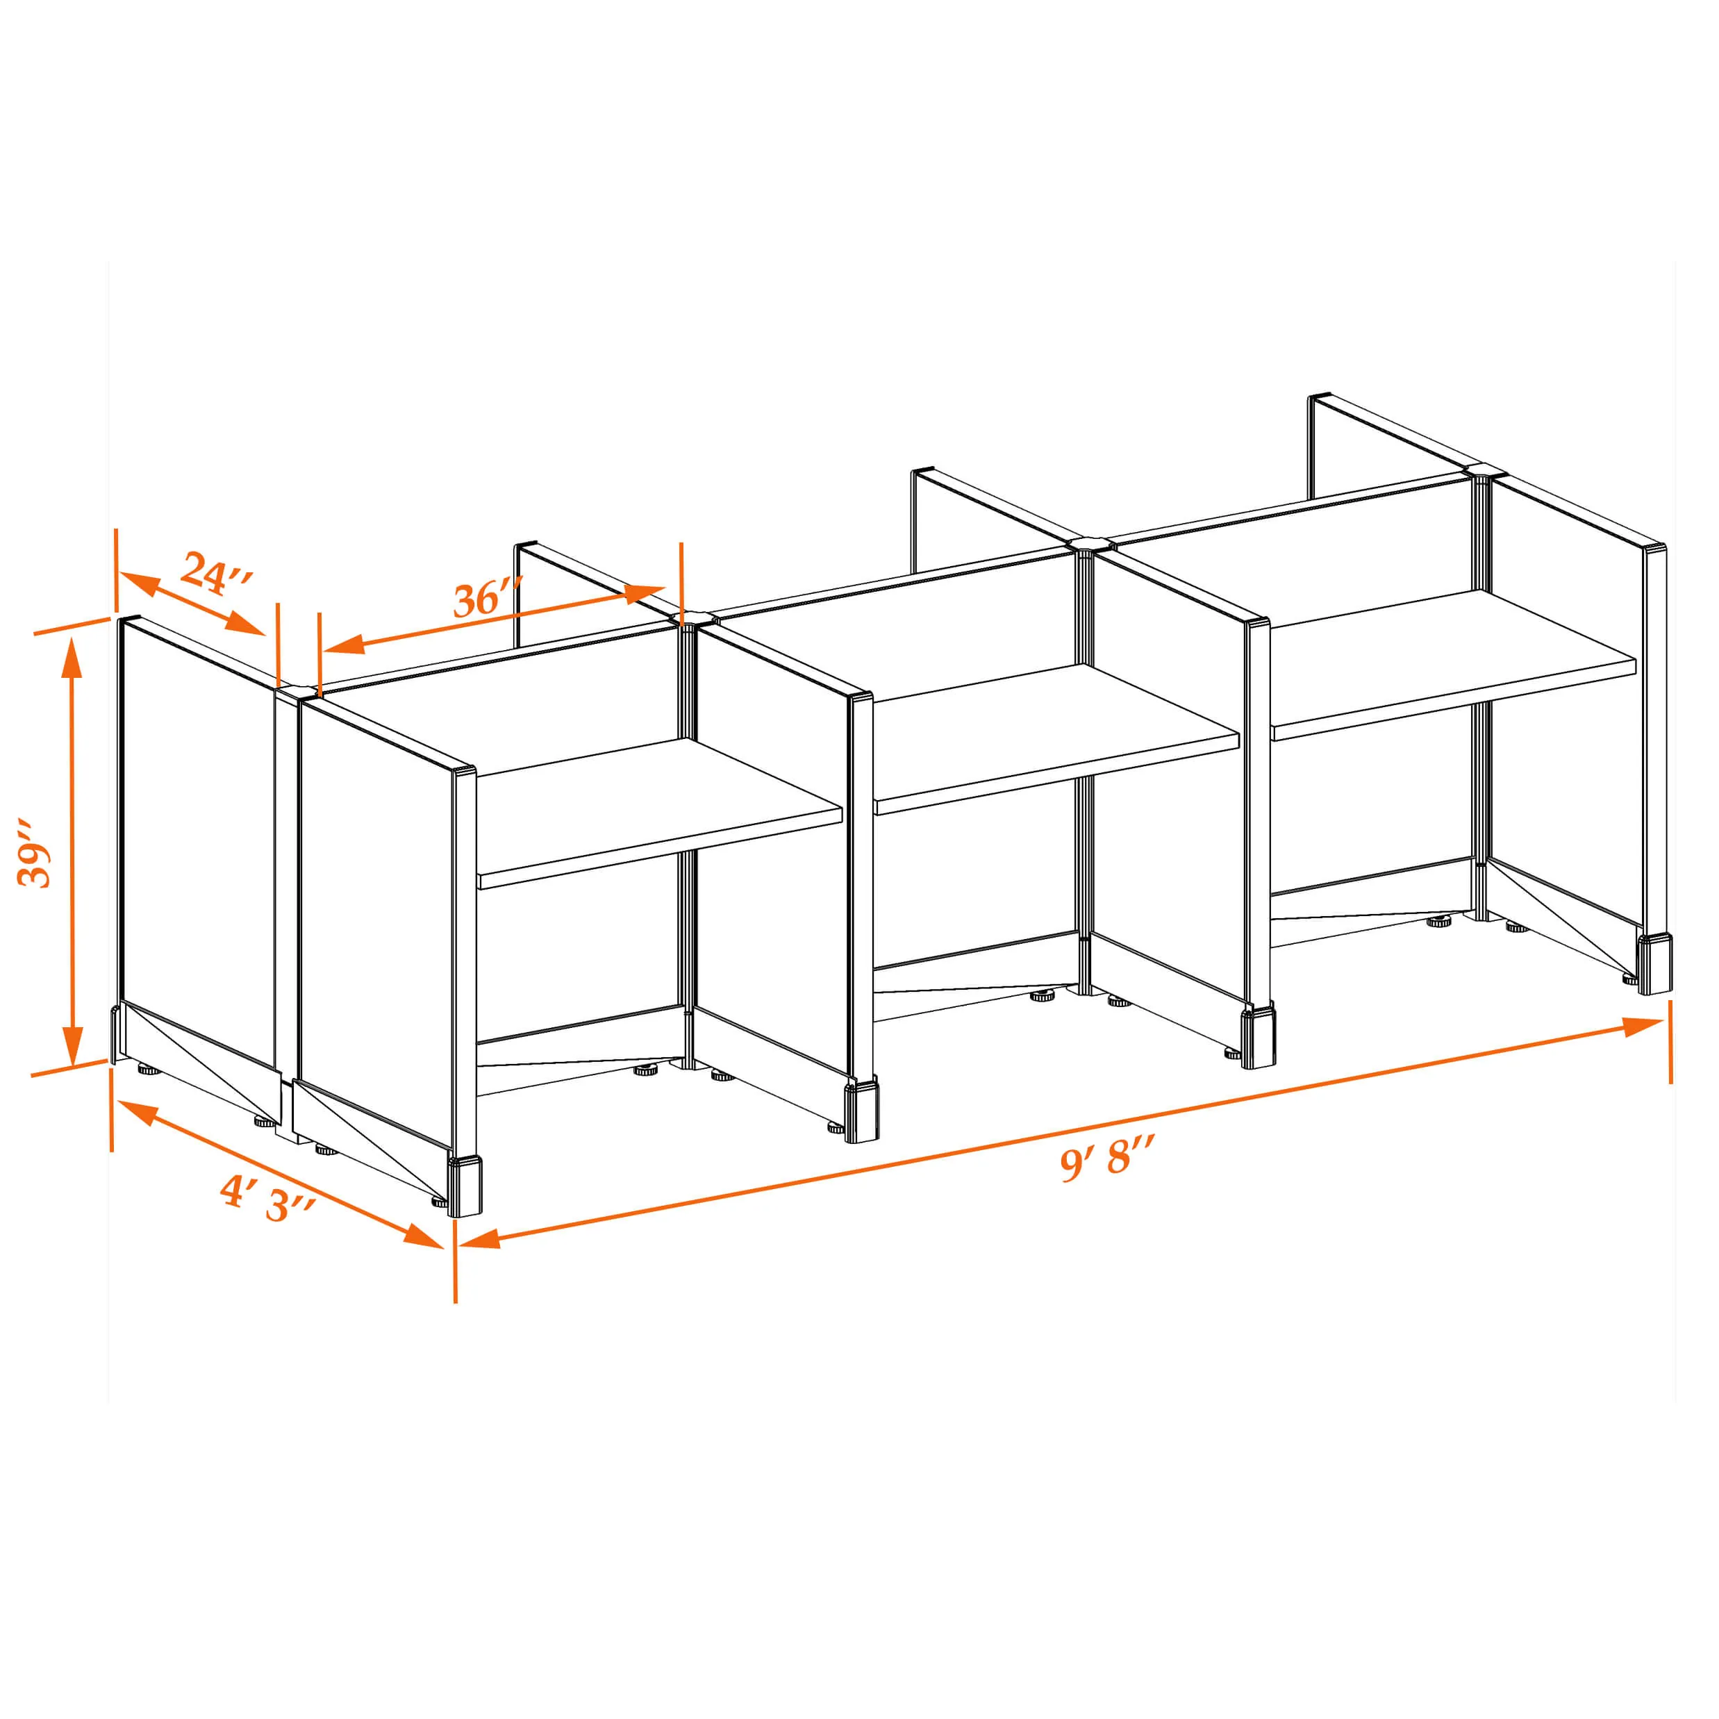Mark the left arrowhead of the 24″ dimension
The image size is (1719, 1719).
pyautogui.click(x=139, y=585)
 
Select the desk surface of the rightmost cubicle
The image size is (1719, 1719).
pyautogui.click(x=1454, y=665)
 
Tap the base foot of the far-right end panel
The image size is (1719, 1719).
pyautogui.click(x=1655, y=963)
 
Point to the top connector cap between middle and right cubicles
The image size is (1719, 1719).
pyautogui.click(x=1091, y=542)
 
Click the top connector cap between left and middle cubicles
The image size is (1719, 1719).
pyautogui.click(x=694, y=617)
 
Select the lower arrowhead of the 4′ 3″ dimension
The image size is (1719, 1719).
pyautogui.click(x=423, y=1235)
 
